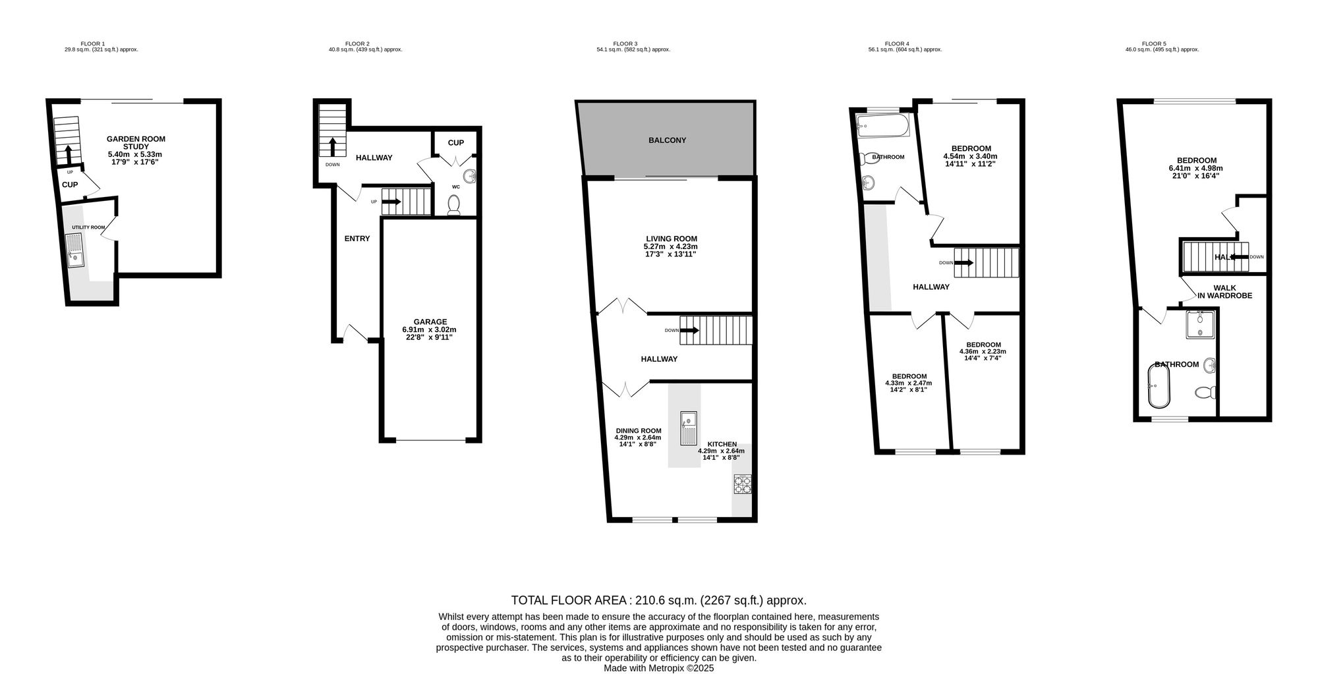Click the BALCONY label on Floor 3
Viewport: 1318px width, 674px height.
pos(667,140)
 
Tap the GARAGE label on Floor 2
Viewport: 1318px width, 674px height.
pos(430,322)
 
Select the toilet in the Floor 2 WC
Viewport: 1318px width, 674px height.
pos(453,206)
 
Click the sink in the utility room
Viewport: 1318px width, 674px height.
pos(76,251)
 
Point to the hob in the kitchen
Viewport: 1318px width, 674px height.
pos(742,484)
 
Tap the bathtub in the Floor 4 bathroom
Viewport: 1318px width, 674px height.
pos(882,125)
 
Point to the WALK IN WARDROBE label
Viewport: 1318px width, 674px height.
pos(1224,292)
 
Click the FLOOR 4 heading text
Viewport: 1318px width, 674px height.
pos(896,44)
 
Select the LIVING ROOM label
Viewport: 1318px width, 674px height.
pos(671,239)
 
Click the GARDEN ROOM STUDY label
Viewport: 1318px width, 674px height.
pos(136,143)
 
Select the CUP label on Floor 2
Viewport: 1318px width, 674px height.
pos(455,143)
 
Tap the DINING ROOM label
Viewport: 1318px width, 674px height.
pos(638,431)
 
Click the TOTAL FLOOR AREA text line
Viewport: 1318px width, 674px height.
pos(658,600)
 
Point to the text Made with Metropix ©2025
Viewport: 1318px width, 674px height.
pos(658,667)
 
